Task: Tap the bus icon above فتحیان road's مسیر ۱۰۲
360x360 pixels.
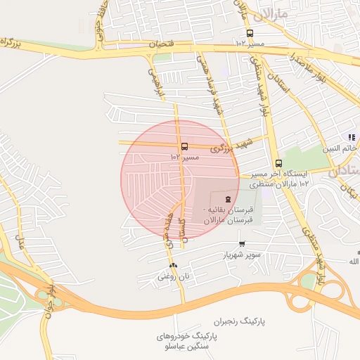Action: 250,33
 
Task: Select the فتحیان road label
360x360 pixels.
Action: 160,44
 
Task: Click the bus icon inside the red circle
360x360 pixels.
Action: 184,147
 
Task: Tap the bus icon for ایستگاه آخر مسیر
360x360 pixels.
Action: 278,163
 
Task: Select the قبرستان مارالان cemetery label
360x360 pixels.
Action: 228,220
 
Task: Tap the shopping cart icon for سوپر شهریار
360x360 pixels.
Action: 243,244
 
